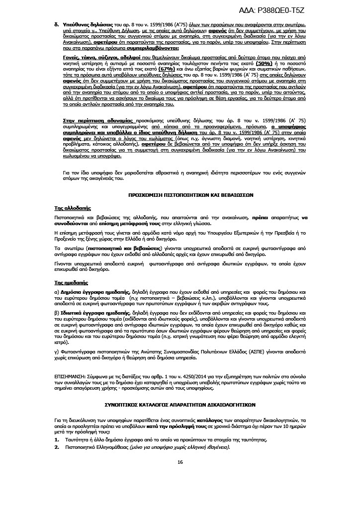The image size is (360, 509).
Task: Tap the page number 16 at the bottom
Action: tap(180, 462)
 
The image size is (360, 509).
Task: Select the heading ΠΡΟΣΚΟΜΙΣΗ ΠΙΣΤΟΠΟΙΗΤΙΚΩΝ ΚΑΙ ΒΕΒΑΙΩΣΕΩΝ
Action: tap(180, 196)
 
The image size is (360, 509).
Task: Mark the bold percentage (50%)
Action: tap(264, 64)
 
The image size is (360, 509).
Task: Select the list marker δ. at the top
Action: tap(56, 24)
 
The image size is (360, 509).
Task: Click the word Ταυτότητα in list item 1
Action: tap(79, 440)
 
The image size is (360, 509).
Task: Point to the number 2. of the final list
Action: tap(56, 447)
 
